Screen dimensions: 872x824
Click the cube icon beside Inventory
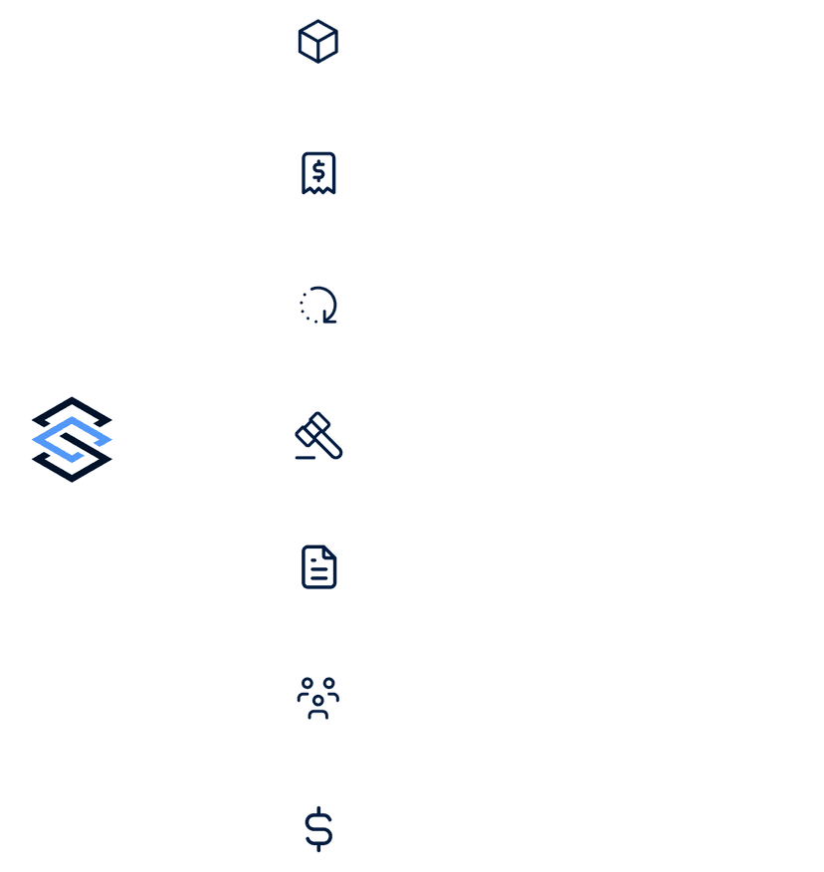click(x=318, y=42)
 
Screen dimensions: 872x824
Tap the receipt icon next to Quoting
click(x=318, y=173)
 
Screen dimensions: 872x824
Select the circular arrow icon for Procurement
click(x=318, y=305)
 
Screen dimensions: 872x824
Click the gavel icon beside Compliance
click(x=318, y=436)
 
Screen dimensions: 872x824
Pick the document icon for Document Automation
click(x=318, y=566)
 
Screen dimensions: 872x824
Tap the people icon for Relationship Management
click(x=318, y=698)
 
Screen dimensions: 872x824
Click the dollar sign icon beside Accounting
click(x=318, y=829)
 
